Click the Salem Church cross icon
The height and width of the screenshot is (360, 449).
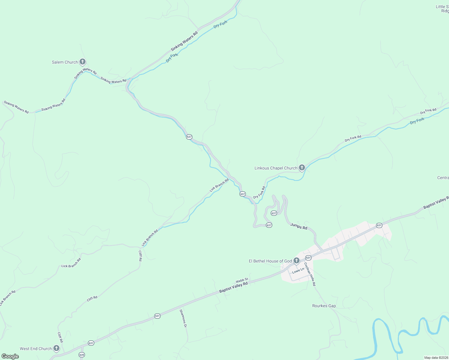tap(83, 62)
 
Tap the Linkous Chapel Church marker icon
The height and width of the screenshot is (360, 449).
tap(302, 168)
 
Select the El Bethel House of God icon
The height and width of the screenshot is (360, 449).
tap(296, 261)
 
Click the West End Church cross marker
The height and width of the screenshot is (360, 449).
tap(56, 348)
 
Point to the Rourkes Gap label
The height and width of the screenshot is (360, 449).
tap(324, 306)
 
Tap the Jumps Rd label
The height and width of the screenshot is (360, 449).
tap(299, 226)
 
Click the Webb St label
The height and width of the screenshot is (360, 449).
tap(242, 280)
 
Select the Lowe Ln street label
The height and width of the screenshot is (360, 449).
tap(298, 271)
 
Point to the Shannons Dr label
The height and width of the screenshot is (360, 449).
tap(183, 318)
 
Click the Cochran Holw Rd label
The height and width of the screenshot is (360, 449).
tap(310, 274)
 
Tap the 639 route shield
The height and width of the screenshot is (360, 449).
tap(82, 355)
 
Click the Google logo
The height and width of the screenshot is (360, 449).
tap(10, 356)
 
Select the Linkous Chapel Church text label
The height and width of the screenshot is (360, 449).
tap(276, 168)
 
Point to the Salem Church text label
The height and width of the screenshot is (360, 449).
tap(65, 62)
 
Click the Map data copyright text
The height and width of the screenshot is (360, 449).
tap(436, 358)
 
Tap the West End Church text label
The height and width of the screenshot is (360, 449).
tap(36, 349)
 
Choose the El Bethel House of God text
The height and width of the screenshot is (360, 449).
tap(270, 261)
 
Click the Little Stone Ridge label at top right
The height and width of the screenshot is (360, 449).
tap(443, 9)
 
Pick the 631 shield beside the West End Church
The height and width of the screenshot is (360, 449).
tap(91, 343)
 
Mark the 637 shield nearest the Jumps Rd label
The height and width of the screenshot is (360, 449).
tap(269, 225)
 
